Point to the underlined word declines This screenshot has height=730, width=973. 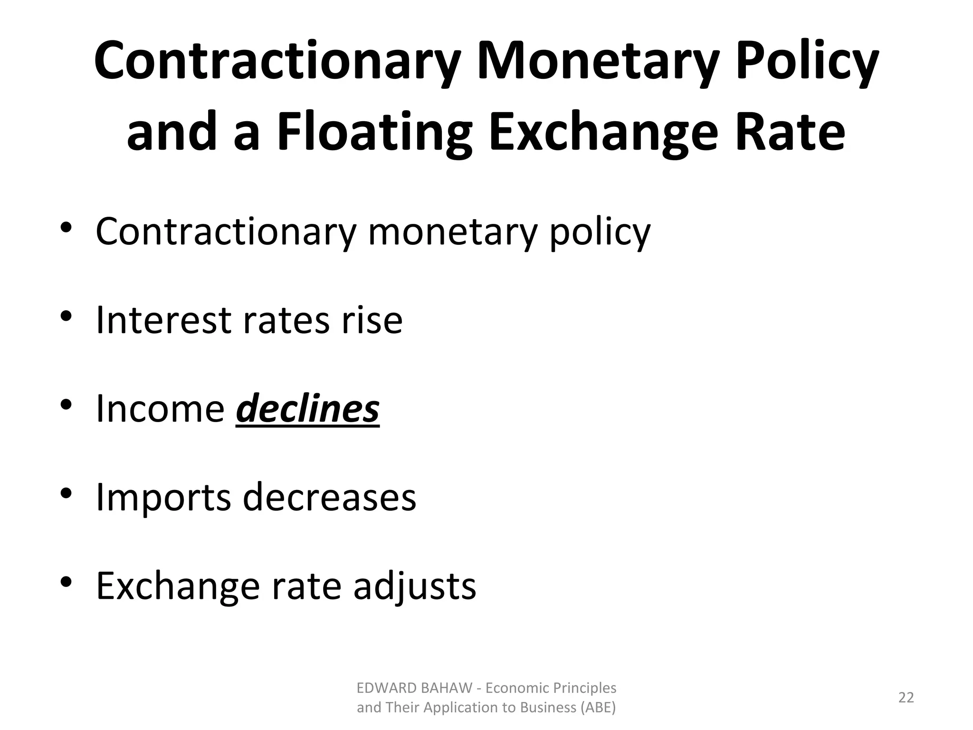click(307, 409)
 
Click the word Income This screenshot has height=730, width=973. click(160, 409)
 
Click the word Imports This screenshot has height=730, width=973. click(163, 497)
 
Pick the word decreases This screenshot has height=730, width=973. click(330, 497)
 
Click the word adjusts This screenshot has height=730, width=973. click(414, 586)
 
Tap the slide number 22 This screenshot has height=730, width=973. click(906, 697)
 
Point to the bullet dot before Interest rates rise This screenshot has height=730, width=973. click(66, 316)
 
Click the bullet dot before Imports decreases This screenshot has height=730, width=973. click(66, 493)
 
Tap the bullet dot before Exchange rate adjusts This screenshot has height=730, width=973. click(66, 582)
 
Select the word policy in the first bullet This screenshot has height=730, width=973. click(600, 231)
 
